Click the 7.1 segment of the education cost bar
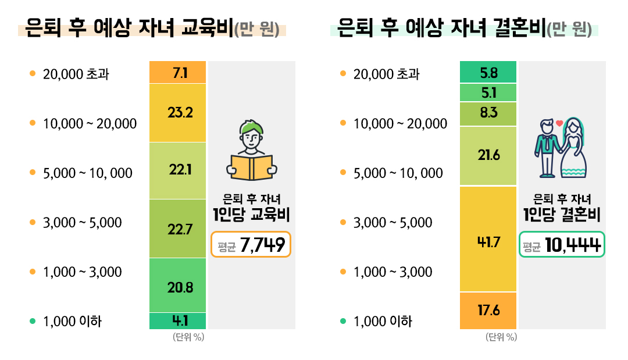click(177, 72)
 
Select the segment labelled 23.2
click(177, 113)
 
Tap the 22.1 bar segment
click(177, 170)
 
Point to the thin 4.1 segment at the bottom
click(177, 320)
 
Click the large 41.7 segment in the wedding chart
click(488, 239)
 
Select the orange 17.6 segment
click(488, 311)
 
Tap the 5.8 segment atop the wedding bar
click(488, 72)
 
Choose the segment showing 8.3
click(488, 113)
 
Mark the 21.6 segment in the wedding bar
click(488, 156)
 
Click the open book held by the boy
click(251, 167)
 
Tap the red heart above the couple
click(559, 123)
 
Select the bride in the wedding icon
click(573, 149)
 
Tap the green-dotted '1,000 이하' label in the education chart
click(72, 321)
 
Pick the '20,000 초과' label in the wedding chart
click(386, 74)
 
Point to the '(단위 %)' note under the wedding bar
click(501, 337)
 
